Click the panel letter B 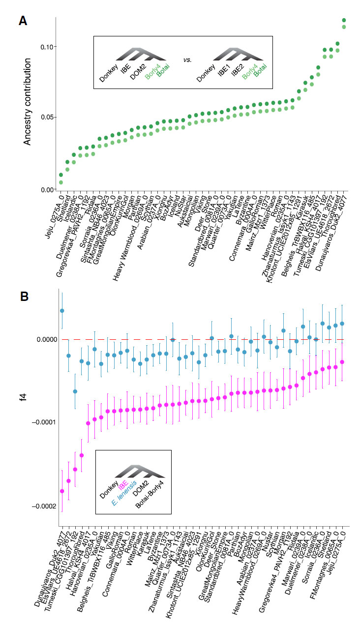[x=23, y=296]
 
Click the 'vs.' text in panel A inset [x=187, y=60]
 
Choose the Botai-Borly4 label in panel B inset [x=150, y=498]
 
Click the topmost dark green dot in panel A [x=344, y=20]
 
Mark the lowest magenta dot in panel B [x=62, y=491]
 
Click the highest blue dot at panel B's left [x=62, y=311]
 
